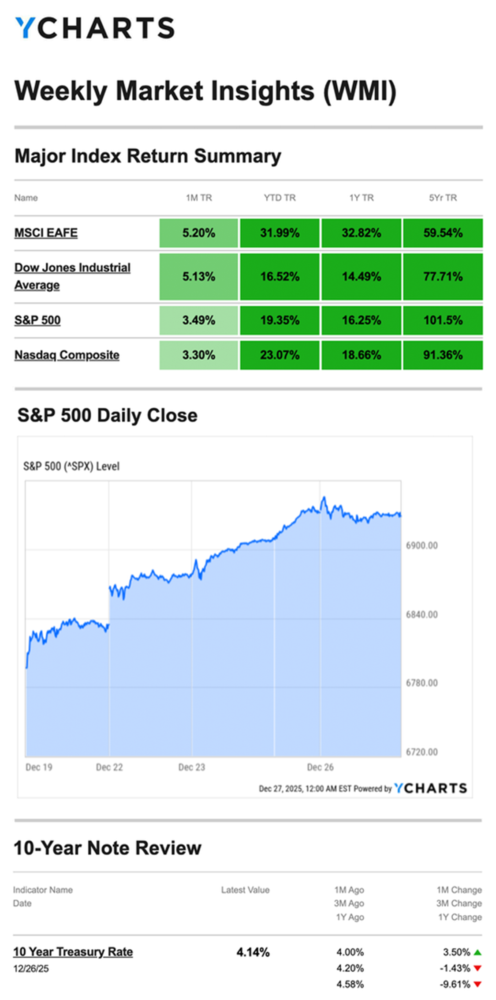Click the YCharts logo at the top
tap(95, 28)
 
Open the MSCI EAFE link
tap(46, 233)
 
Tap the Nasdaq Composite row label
tap(67, 355)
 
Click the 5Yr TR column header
tap(443, 198)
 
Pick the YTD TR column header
tap(280, 198)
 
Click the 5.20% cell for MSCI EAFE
tap(199, 233)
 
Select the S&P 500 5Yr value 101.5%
tap(443, 320)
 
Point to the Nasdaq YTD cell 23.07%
tap(280, 355)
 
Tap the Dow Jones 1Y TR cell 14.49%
tap(361, 276)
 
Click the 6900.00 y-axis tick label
tap(421, 545)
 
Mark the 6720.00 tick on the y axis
tap(421, 752)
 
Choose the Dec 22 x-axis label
tap(109, 767)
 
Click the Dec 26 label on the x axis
tap(320, 767)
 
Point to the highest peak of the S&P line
tap(324, 497)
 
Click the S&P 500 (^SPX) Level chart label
tap(71, 466)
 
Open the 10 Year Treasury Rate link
tap(73, 952)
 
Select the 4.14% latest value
tap(253, 952)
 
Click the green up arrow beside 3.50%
tap(477, 952)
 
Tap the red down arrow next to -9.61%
tap(477, 985)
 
